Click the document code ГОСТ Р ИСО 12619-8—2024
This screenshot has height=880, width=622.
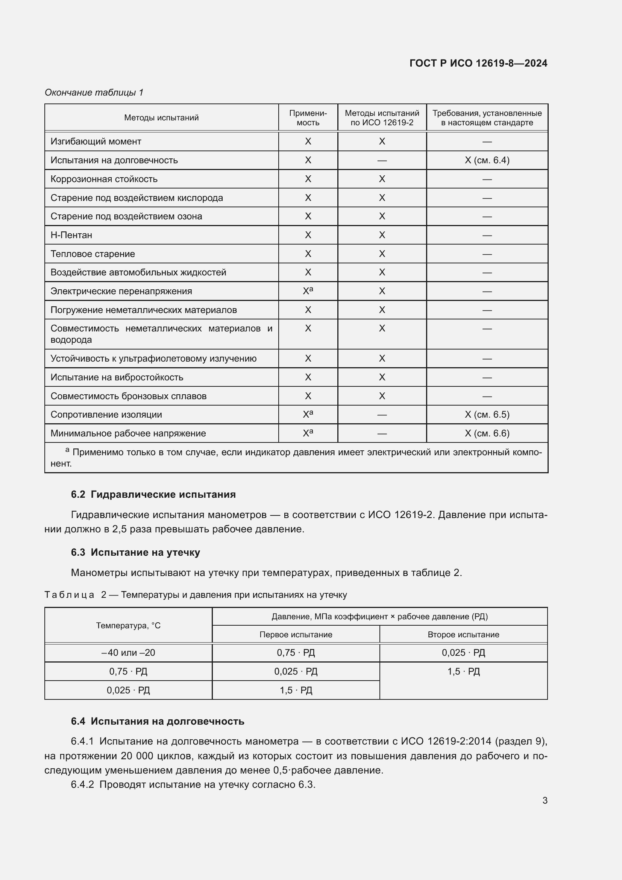point(478,63)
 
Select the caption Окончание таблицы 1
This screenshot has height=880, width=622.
point(94,93)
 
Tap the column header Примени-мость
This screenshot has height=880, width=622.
point(308,118)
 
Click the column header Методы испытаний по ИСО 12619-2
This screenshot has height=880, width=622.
point(382,118)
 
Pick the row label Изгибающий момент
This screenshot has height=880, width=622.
point(96,141)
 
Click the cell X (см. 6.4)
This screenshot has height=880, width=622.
point(487,160)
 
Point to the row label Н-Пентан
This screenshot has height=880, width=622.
point(71,235)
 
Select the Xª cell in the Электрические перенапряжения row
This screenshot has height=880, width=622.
point(308,291)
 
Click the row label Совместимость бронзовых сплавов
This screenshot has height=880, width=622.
point(128,396)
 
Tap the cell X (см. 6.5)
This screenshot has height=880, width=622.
point(487,414)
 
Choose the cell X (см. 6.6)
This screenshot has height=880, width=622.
point(487,433)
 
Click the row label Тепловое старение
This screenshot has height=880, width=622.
point(93,254)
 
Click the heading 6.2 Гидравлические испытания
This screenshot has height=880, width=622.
point(153,494)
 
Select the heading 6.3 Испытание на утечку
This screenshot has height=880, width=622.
point(135,552)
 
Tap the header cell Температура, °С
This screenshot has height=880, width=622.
point(128,626)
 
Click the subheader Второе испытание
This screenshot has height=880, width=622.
point(463,634)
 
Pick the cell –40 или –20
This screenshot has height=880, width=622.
point(128,653)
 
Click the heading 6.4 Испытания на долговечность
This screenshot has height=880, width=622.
point(158,721)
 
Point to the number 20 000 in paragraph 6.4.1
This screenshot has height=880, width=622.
point(137,756)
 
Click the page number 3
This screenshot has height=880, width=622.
point(545,800)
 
